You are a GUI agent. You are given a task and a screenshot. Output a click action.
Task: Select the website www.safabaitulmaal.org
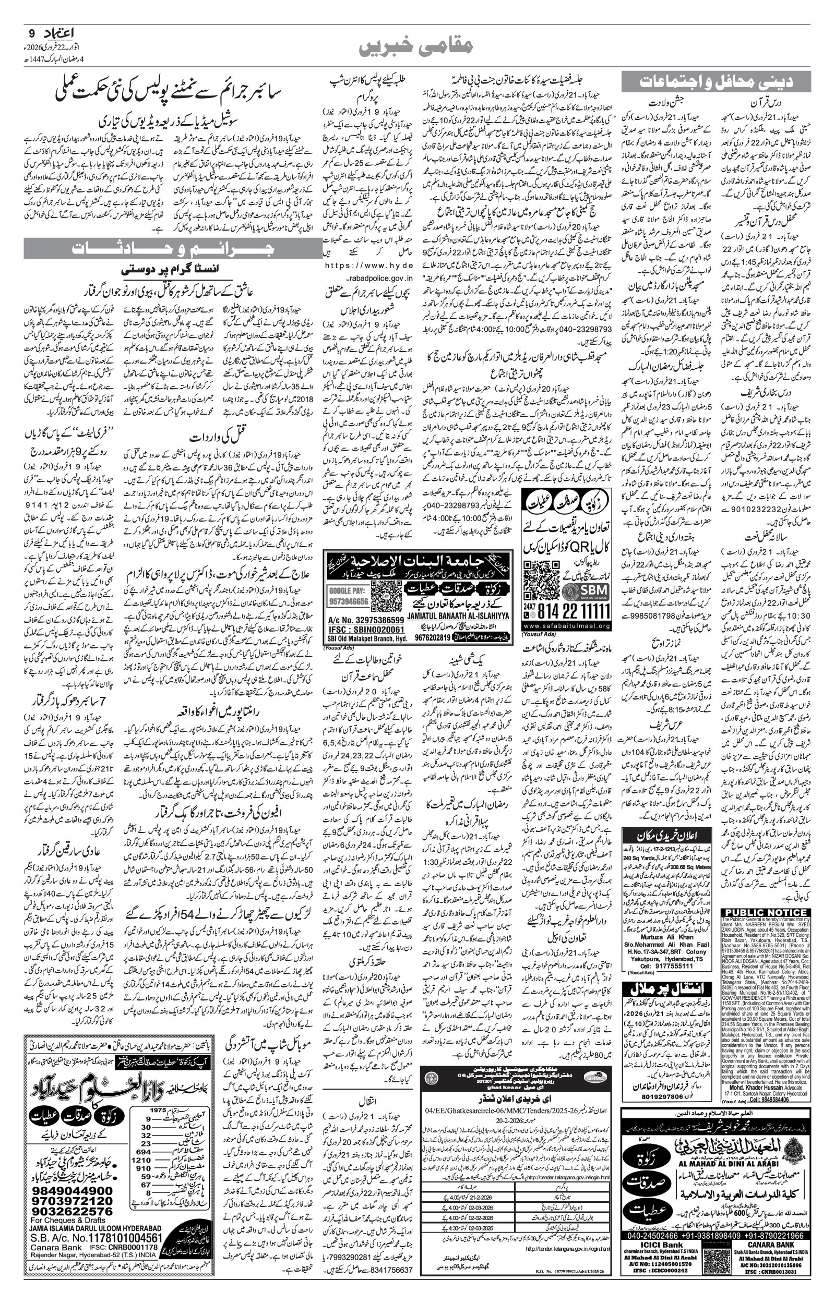pyautogui.click(x=567, y=625)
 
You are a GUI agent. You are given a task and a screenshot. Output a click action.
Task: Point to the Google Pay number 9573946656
pyautogui.click(x=348, y=601)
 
